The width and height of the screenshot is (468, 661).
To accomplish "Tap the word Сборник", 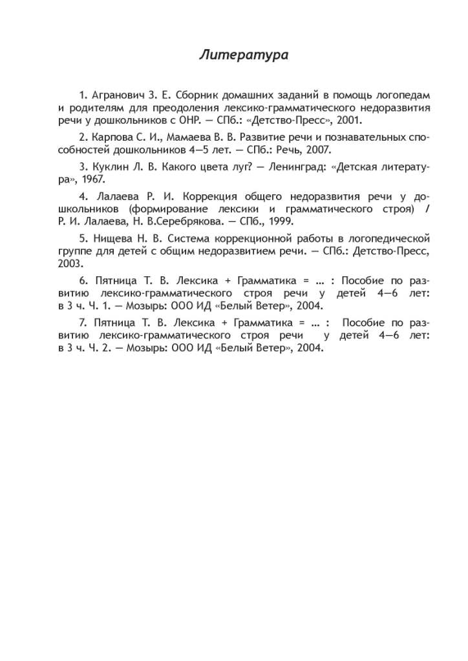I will point(197,95).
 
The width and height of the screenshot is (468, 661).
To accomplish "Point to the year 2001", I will point(349,120).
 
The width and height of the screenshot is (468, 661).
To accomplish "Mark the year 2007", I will point(318,150).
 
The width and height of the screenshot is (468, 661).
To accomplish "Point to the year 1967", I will point(92,179).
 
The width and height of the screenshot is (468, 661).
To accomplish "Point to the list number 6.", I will point(81,281).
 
